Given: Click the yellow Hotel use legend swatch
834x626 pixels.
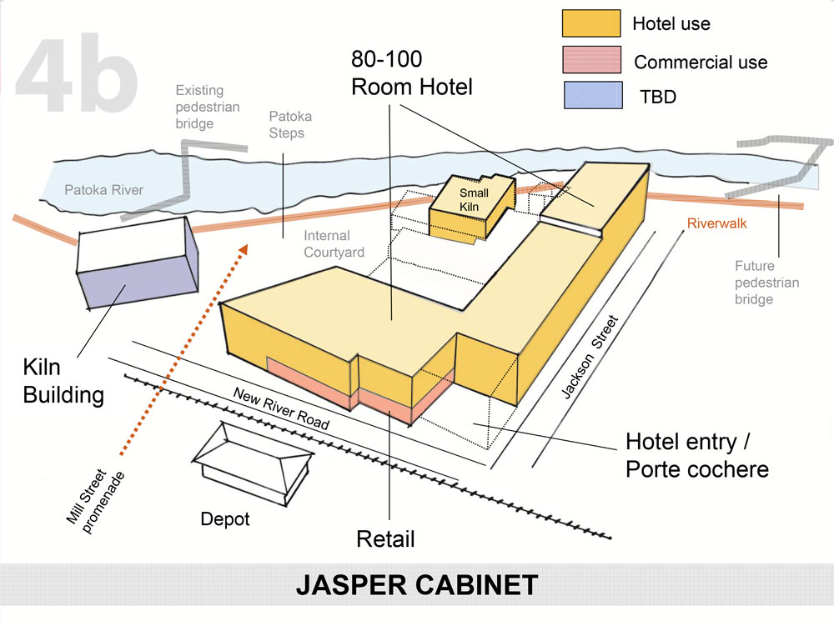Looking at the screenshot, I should (591, 23).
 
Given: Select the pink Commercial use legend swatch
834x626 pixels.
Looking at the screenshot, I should (591, 60).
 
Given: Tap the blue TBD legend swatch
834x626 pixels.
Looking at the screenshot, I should (591, 97).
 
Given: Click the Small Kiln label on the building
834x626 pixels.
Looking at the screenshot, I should (474, 199).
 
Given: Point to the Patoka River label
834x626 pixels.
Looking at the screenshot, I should (104, 190).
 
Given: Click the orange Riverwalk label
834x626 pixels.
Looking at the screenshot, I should (716, 223).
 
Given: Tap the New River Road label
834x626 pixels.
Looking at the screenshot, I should (280, 408).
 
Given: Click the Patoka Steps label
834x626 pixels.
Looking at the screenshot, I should (290, 125).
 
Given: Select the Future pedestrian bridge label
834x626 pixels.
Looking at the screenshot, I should (766, 283).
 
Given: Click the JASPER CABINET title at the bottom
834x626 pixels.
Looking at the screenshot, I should (417, 585).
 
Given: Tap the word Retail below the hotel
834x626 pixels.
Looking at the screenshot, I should (385, 538).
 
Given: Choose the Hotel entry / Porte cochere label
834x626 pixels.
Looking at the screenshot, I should (696, 454).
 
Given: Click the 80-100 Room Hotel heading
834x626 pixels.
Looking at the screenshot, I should (412, 73).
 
